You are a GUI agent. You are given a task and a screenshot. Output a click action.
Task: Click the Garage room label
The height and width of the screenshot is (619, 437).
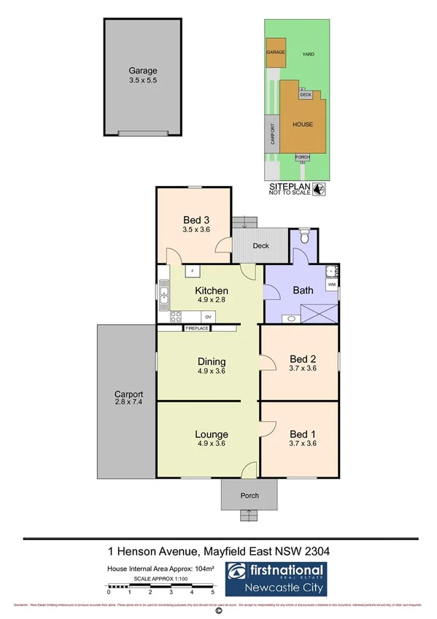[x=143, y=71]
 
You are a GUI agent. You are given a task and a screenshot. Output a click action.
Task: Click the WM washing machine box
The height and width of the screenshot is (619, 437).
[x=331, y=283]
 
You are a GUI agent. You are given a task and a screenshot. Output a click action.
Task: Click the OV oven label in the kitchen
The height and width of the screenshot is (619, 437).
[x=208, y=316]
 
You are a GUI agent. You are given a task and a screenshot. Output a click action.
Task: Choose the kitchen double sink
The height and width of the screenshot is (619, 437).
[x=163, y=296]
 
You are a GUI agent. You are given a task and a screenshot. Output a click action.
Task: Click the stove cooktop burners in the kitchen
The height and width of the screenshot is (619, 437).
[x=176, y=316]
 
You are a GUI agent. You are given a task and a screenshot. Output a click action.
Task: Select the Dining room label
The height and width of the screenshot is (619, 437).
[x=212, y=361]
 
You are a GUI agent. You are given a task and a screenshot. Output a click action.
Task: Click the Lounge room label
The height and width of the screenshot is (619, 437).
[x=212, y=434]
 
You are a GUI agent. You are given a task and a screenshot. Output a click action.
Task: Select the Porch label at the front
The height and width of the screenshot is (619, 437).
[x=250, y=496]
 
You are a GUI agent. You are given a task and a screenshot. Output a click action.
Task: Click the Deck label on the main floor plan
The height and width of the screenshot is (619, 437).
[x=261, y=246]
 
